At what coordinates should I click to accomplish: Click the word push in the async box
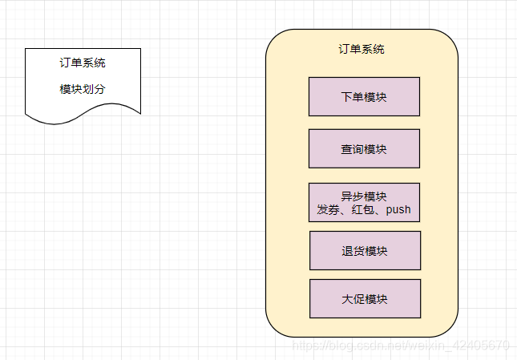tap(398, 210)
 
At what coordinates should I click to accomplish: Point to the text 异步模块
tap(364, 196)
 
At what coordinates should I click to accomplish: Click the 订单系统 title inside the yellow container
tap(361, 49)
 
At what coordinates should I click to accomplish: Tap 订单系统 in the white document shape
tap(83, 63)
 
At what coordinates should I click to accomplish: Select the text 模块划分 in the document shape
tap(83, 89)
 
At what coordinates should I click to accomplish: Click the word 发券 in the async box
tap(329, 210)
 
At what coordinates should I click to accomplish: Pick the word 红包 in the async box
tap(365, 210)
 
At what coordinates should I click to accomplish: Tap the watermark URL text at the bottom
tap(401, 346)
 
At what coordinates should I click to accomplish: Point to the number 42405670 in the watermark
tap(484, 346)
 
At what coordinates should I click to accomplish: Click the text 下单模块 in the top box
tap(364, 97)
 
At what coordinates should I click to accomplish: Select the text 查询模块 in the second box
tap(364, 149)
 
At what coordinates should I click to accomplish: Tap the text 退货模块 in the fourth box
tap(365, 251)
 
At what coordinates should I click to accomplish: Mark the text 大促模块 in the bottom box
tap(365, 299)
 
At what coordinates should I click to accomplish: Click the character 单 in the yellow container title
tap(356, 49)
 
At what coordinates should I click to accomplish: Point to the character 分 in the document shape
tap(100, 89)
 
